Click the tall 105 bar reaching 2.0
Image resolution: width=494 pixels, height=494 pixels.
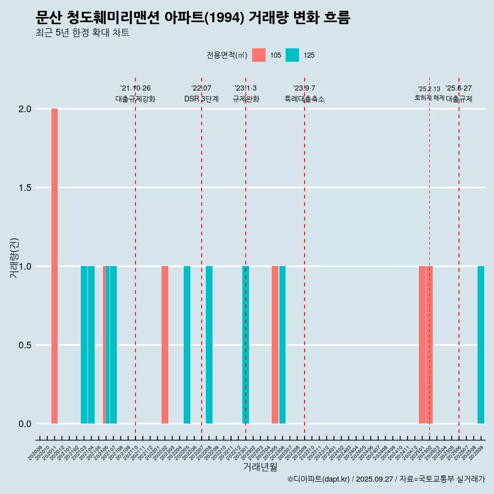[x=55, y=266]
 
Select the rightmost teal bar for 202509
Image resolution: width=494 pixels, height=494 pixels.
[x=481, y=345]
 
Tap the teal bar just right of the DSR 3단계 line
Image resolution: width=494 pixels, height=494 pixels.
[x=209, y=345]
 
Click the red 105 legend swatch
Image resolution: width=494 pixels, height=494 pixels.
[x=259, y=55]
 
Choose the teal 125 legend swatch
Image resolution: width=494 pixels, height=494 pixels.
[x=292, y=55]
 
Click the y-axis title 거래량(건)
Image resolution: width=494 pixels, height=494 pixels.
[x=14, y=257]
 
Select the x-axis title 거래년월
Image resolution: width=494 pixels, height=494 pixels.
[x=260, y=467]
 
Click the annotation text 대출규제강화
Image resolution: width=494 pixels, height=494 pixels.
[x=135, y=99]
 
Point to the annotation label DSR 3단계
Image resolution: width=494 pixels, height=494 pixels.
[x=201, y=99]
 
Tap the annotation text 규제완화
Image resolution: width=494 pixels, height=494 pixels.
[x=245, y=99]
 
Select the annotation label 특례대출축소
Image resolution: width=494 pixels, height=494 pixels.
[x=305, y=99]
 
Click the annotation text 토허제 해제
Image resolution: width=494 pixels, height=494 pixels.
[x=429, y=98]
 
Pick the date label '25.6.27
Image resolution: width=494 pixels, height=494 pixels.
[x=458, y=89]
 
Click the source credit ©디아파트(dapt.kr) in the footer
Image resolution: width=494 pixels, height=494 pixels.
[x=318, y=479]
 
